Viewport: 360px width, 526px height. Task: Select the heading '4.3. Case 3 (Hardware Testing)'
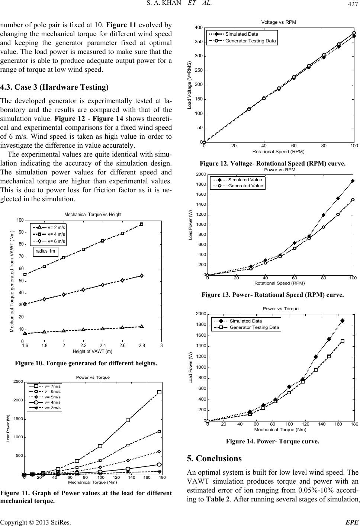pyautogui.click(x=55, y=87)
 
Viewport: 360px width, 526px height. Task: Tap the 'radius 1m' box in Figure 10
pyautogui.click(x=46, y=251)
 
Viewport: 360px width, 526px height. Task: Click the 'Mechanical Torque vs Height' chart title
pyautogui.click(x=93, y=215)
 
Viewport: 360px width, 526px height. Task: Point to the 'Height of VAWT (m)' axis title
pyautogui.click(x=93, y=352)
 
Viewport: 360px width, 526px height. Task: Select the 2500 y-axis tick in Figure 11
pyautogui.click(x=18, y=382)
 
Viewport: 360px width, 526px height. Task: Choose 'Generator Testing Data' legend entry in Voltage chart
pyautogui.click(x=251, y=41)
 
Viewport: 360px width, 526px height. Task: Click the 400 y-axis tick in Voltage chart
pyautogui.click(x=199, y=28)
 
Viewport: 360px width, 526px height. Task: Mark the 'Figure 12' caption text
pyautogui.click(x=273, y=163)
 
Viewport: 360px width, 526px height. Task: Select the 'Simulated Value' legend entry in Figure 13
pyautogui.click(x=245, y=180)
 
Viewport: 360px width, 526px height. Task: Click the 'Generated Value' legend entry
pyautogui.click(x=245, y=186)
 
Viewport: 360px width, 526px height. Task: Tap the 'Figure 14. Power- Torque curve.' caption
pyautogui.click(x=273, y=442)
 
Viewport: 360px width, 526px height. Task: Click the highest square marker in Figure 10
pyautogui.click(x=142, y=224)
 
